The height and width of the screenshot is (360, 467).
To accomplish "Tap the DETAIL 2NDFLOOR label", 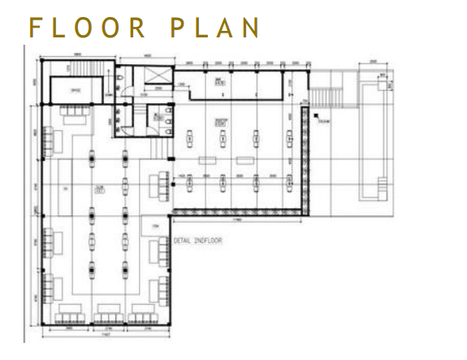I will pos(198,241).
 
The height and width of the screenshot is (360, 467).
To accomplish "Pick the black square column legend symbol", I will pos(310,119).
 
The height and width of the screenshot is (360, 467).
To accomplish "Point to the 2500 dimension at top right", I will pos(372,61).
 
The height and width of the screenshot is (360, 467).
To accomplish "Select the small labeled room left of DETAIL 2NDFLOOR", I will pos(155,226).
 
